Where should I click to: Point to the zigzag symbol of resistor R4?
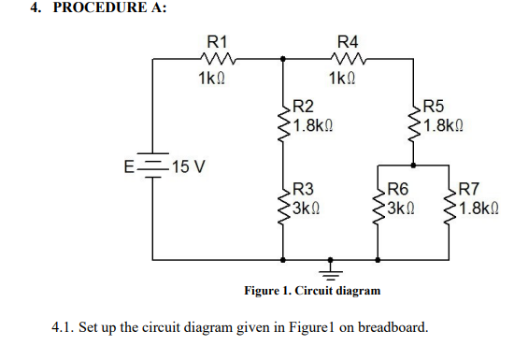347,58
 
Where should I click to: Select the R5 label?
435,108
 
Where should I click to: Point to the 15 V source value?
190,167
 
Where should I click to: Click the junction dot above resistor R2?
283,58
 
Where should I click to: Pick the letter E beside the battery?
130,168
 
